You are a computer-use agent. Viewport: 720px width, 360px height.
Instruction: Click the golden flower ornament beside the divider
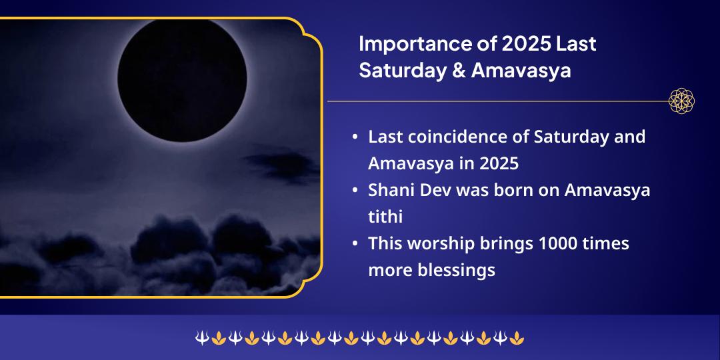point(681,101)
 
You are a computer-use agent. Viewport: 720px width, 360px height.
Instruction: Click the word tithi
point(385,217)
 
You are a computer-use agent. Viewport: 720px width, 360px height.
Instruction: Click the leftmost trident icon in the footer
point(201,339)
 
